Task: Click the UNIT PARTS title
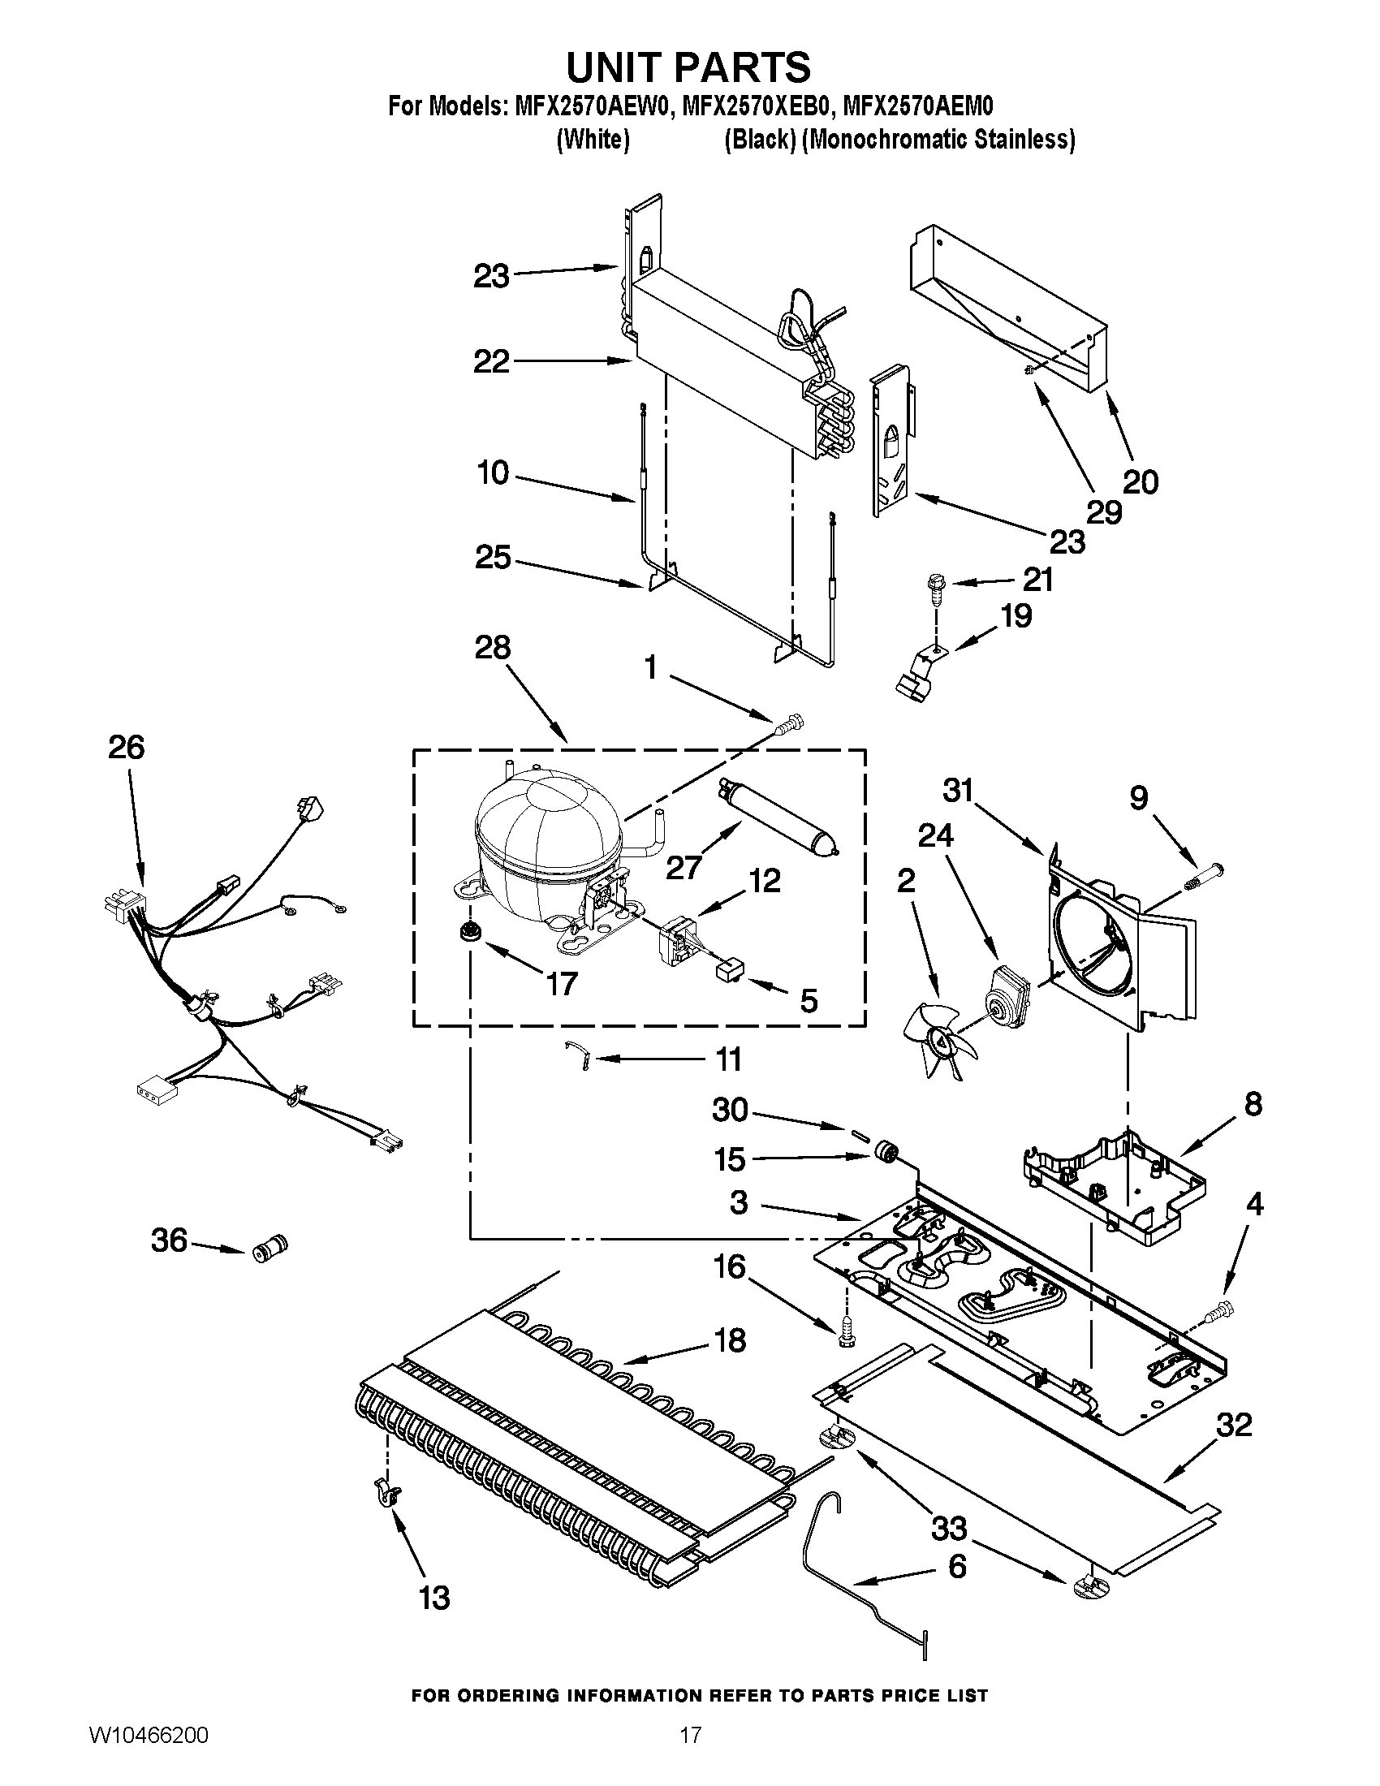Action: [x=688, y=67]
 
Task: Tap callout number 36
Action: [x=169, y=1240]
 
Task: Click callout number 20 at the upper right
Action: [x=1141, y=481]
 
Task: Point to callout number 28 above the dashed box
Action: [x=492, y=648]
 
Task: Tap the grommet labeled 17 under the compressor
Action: [x=469, y=930]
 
